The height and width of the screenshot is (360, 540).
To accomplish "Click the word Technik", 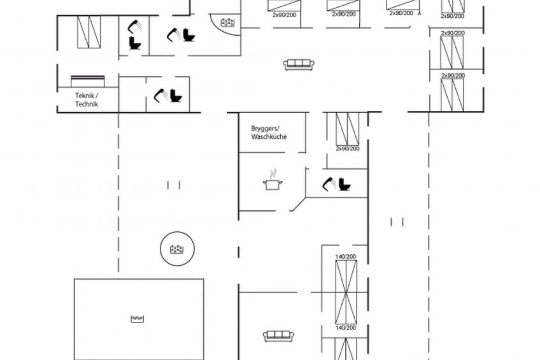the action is pyautogui.click(x=87, y=104).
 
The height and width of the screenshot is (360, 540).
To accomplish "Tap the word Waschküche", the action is pyautogui.click(x=269, y=137).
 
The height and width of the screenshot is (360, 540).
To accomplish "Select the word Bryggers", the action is pyautogui.click(x=264, y=129).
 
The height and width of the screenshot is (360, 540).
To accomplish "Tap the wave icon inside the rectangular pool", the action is pyautogui.click(x=137, y=319).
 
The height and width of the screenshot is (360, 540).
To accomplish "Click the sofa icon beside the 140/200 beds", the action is pyautogui.click(x=278, y=336).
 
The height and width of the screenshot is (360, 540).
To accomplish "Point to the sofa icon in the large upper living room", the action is pyautogui.click(x=299, y=64).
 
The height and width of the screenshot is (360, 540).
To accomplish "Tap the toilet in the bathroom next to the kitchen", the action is pyautogui.click(x=345, y=184).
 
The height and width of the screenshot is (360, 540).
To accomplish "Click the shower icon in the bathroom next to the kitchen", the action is pyautogui.click(x=328, y=184).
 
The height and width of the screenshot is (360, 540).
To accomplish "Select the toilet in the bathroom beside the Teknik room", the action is pyautogui.click(x=176, y=96).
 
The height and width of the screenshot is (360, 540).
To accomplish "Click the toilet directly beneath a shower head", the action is pyautogui.click(x=135, y=43).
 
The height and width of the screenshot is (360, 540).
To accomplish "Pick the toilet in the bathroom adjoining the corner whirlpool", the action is pyautogui.click(x=188, y=35).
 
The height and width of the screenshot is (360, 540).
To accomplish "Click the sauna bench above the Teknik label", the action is pyautogui.click(x=87, y=81).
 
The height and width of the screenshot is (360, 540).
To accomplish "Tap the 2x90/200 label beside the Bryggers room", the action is pyautogui.click(x=348, y=148).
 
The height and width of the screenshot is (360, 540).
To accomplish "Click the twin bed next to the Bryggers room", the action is pyautogui.click(x=348, y=129).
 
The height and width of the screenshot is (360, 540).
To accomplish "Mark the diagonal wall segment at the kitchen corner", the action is pyautogui.click(x=299, y=204).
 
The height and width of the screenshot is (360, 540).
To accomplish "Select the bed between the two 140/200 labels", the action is pyautogui.click(x=346, y=292).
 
